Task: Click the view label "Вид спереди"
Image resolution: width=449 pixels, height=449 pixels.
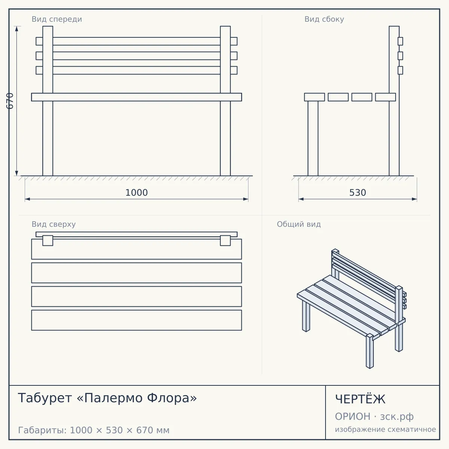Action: (x=57, y=19)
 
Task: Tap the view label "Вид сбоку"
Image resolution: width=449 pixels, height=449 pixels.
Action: (x=324, y=19)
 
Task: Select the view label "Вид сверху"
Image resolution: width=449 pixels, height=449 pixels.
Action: (x=54, y=224)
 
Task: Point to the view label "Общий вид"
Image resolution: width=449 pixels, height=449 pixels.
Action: (x=299, y=224)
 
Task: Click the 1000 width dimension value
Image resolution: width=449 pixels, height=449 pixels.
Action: (x=137, y=193)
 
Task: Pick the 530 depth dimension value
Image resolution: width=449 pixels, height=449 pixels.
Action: (x=358, y=193)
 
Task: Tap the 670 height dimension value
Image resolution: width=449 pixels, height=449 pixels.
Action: (x=10, y=101)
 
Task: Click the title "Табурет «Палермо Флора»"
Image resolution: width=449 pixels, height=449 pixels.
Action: (x=107, y=398)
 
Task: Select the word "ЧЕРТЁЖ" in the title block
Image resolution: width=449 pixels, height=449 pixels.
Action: (x=360, y=399)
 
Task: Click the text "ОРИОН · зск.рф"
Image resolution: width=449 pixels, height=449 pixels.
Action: (x=374, y=416)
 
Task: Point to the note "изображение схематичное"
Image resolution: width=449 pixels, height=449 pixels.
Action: (x=385, y=429)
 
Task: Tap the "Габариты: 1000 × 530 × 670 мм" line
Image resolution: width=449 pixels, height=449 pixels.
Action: (x=94, y=430)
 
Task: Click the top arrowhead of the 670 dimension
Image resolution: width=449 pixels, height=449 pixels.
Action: (x=16, y=29)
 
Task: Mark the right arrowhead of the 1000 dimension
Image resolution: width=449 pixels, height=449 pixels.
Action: (x=245, y=199)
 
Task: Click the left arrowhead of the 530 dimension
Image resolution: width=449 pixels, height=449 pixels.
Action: (x=301, y=199)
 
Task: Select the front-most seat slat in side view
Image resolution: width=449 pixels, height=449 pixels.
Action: (x=314, y=97)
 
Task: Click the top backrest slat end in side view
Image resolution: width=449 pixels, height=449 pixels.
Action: (x=400, y=41)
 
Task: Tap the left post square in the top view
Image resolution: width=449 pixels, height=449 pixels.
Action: (x=48, y=241)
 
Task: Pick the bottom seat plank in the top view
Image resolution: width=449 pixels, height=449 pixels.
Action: (x=137, y=320)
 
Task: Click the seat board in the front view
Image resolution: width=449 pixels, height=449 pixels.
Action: (x=137, y=97)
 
